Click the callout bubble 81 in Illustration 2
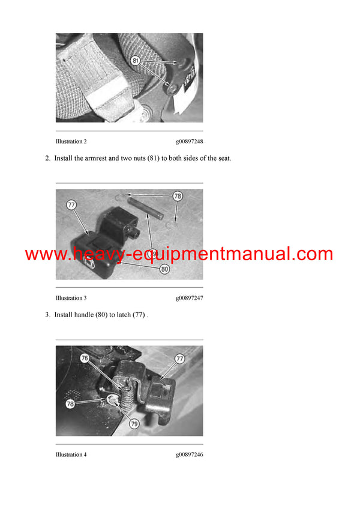[136, 61]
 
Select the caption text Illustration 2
[71, 142]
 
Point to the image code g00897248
[189, 142]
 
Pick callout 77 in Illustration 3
[71, 205]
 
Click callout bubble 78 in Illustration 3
[177, 196]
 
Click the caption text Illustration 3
[71, 298]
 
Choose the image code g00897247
[189, 298]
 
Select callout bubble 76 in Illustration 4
[85, 358]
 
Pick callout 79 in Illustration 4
[134, 423]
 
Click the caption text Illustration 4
[71, 454]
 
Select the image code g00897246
[189, 454]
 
